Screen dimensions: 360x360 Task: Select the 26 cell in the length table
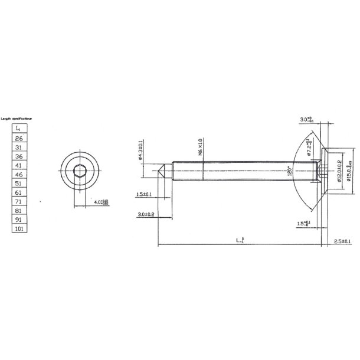(18, 138)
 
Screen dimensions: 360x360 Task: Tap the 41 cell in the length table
(18, 166)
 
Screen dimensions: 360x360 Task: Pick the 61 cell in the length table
(18, 192)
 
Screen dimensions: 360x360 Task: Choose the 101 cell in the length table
(18, 228)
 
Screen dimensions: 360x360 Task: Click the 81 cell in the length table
(18, 210)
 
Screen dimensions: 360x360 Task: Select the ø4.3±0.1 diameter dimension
(141, 149)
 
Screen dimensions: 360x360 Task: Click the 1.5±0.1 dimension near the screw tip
(144, 194)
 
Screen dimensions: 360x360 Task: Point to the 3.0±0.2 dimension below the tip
(145, 215)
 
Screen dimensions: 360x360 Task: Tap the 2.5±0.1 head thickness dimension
(342, 242)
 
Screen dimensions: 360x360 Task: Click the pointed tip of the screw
(160, 172)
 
